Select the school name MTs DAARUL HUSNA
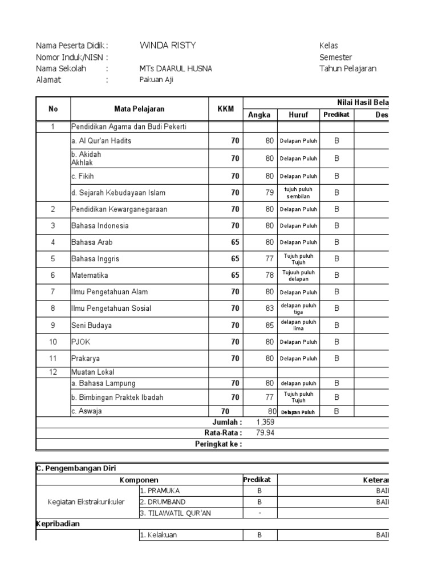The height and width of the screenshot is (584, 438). (x=176, y=68)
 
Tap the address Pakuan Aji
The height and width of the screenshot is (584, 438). (x=156, y=80)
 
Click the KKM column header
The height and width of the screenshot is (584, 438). (x=226, y=109)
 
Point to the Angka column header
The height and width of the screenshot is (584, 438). (x=259, y=115)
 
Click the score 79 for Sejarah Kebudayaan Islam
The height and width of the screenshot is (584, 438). (x=269, y=193)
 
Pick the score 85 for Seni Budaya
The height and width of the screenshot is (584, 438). (x=269, y=325)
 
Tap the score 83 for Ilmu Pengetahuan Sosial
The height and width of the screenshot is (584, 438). (x=269, y=309)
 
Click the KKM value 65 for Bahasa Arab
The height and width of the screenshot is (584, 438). (x=235, y=242)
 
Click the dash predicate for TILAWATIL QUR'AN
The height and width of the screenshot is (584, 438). (x=259, y=513)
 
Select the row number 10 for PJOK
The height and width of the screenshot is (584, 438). (x=53, y=342)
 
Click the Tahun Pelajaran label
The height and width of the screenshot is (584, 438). (x=348, y=68)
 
